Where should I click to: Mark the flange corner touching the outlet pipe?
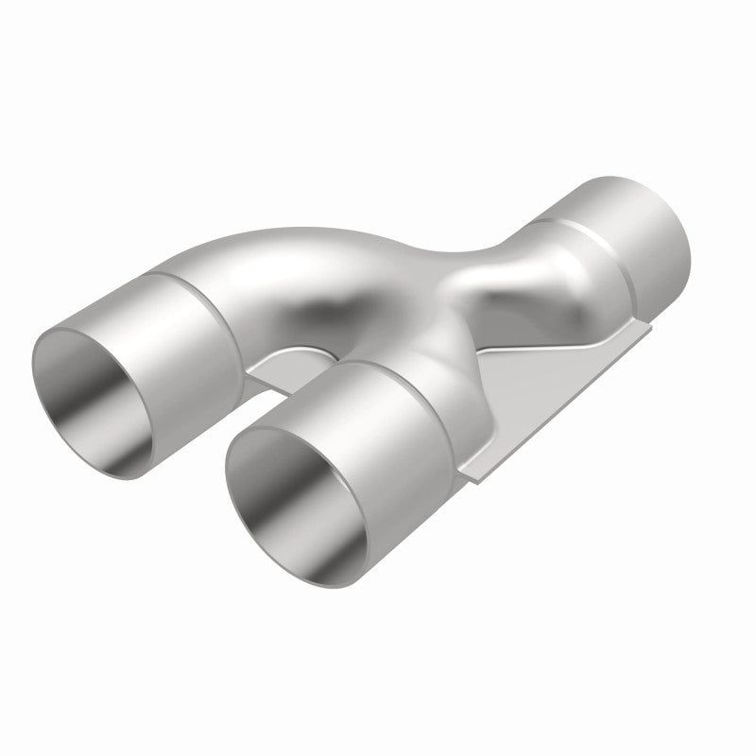[646, 326]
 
